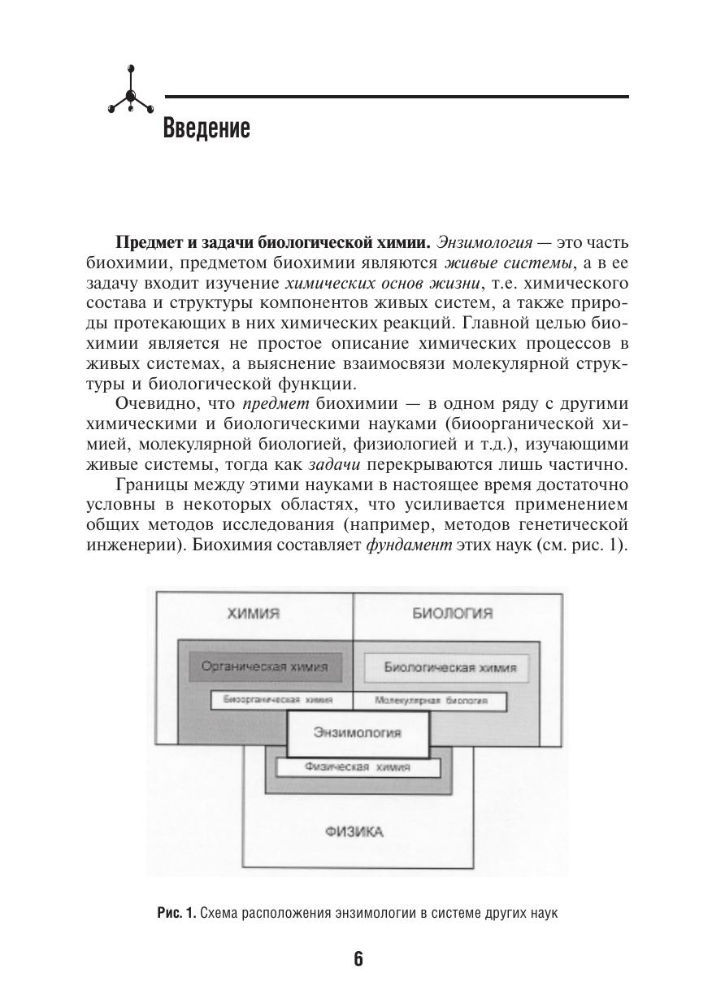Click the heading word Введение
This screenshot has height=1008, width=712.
point(206,128)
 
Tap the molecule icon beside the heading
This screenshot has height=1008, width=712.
point(131,96)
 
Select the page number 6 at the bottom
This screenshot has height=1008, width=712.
point(358,958)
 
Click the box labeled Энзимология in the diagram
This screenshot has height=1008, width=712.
point(358,732)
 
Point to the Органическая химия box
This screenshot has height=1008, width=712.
point(265,667)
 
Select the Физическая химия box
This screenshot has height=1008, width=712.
point(358,767)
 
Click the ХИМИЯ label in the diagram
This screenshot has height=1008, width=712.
point(254,614)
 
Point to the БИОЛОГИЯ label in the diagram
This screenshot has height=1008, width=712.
point(453,614)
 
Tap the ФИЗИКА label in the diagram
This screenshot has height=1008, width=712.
point(354,832)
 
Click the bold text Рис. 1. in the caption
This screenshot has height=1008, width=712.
point(176,913)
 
